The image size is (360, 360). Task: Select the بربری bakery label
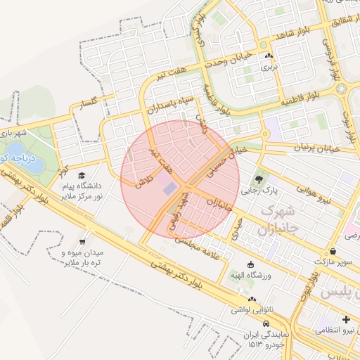pos(270,68)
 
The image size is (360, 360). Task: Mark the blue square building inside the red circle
pos(169,188)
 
